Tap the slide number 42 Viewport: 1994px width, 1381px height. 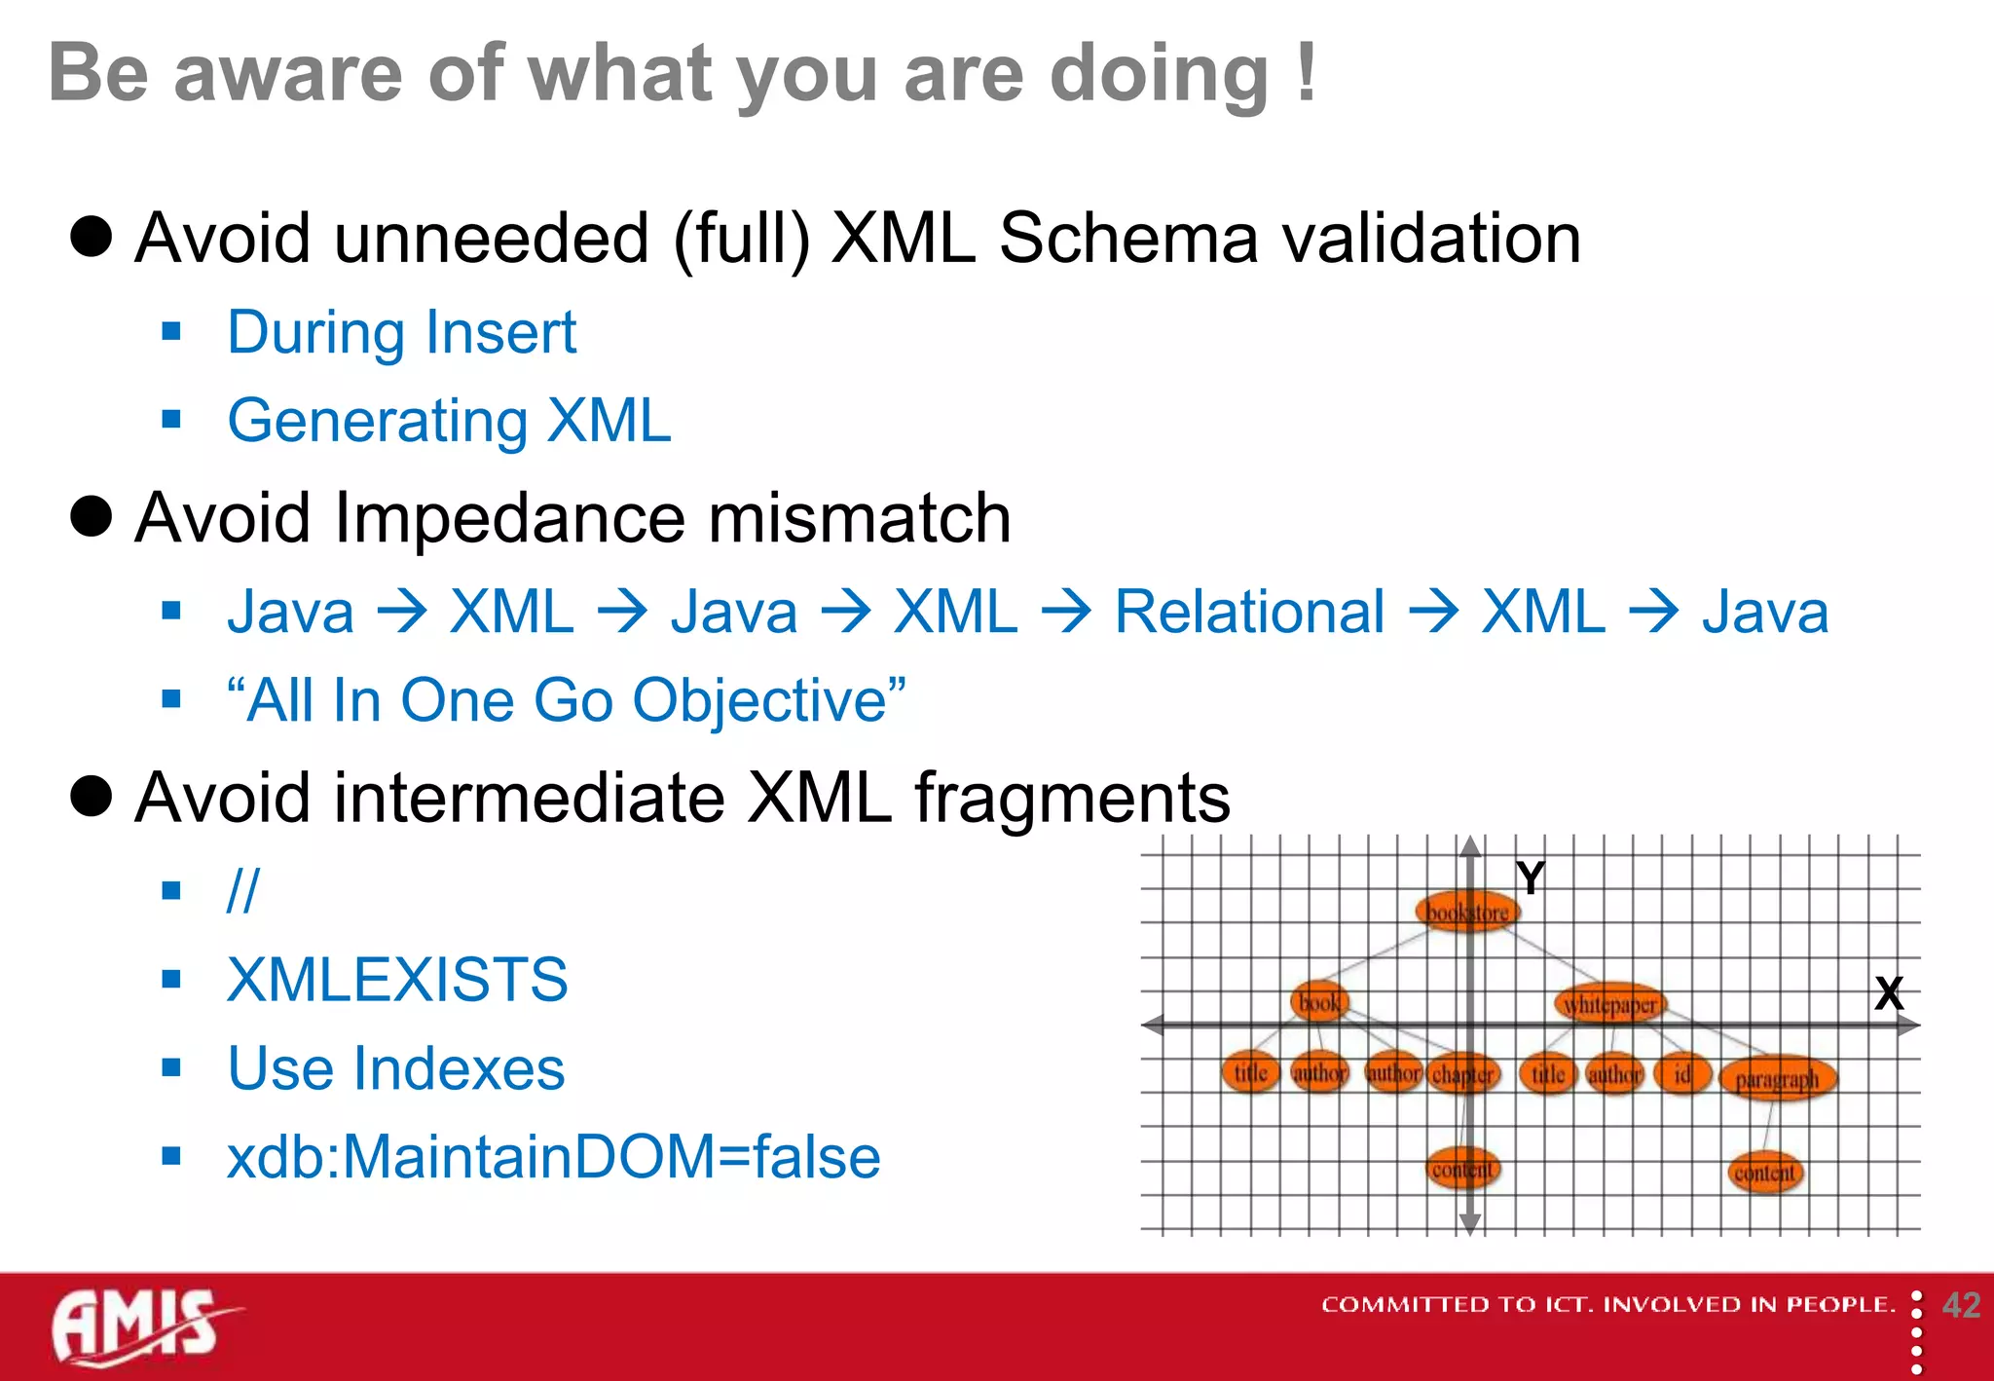(1961, 1305)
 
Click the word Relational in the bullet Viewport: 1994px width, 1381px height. (1249, 613)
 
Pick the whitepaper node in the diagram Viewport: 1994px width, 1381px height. (1610, 1004)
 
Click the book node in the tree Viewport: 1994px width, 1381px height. (1319, 1002)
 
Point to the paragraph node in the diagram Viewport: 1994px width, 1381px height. (1777, 1079)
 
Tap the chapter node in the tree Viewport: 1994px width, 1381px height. (1462, 1074)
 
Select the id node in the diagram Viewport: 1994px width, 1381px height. (1681, 1074)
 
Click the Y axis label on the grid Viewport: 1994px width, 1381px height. (1531, 878)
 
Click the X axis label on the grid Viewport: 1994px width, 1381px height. (1889, 994)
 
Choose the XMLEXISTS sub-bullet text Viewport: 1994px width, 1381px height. (397, 980)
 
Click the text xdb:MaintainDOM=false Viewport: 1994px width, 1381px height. (553, 1157)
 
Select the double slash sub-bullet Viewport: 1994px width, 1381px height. (242, 890)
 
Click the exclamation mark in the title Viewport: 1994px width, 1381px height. (1307, 73)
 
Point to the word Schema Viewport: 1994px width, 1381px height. (1128, 239)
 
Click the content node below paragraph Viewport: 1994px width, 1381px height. (1764, 1173)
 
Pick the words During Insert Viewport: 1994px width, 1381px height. (401, 333)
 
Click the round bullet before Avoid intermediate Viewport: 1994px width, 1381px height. (92, 796)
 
